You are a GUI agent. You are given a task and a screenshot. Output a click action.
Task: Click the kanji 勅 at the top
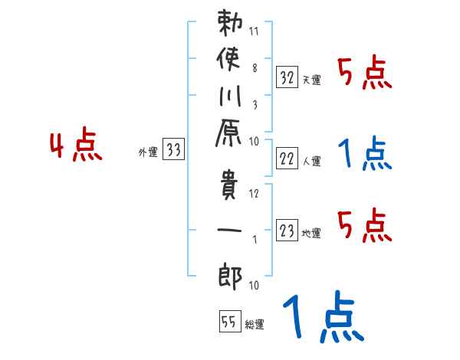click(x=231, y=29)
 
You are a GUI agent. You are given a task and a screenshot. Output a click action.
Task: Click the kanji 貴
click(x=231, y=188)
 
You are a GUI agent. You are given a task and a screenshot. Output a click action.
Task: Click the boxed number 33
click(x=174, y=151)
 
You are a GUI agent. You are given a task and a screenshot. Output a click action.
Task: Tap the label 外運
click(x=148, y=153)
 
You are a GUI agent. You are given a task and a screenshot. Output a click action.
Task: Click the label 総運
click(x=254, y=325)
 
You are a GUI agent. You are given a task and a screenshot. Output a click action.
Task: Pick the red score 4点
click(x=75, y=146)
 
